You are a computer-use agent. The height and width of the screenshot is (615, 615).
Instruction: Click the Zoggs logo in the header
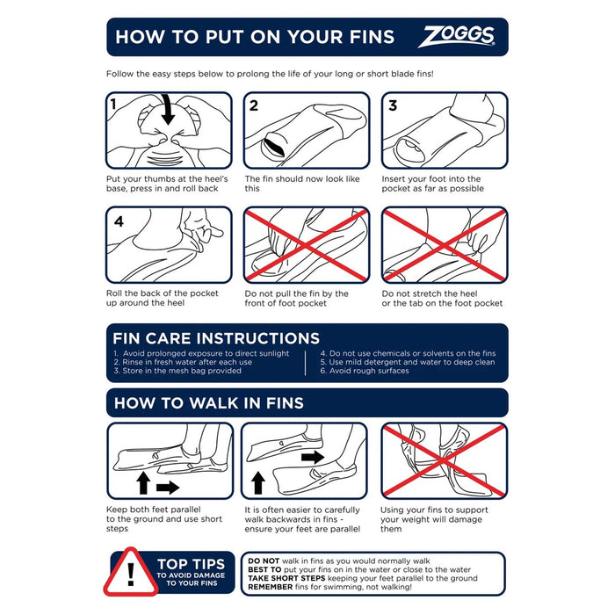[x=456, y=37]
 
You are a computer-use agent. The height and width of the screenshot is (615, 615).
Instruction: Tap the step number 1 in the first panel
[x=114, y=106]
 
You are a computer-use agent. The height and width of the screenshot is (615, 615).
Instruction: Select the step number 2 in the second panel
[x=254, y=106]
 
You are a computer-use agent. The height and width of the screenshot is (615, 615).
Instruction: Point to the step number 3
[x=393, y=106]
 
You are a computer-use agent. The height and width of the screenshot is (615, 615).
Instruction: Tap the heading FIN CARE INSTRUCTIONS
[x=216, y=338]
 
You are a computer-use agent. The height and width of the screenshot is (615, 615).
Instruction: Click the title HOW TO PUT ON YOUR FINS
[x=255, y=37]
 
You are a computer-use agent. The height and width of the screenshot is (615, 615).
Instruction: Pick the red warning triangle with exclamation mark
[x=129, y=574]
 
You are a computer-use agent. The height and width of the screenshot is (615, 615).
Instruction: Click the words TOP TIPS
[x=191, y=564]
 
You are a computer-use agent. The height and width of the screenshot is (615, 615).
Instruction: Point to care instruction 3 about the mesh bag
[x=177, y=371]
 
